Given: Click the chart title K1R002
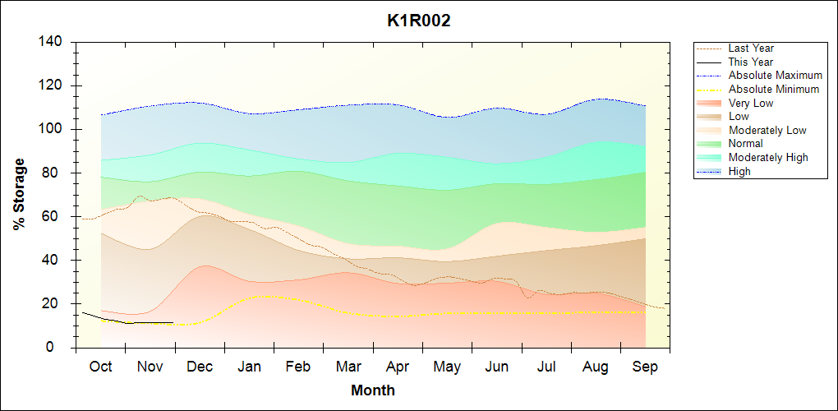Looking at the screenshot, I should [419, 21].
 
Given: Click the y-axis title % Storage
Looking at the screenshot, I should [20, 194].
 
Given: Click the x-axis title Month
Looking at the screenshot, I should [372, 390].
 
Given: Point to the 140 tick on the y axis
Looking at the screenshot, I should [54, 42].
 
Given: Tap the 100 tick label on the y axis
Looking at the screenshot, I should [54, 129].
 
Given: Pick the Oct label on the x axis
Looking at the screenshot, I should [100, 367].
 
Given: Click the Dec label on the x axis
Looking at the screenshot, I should [200, 367].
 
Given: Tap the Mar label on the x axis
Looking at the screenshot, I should [348, 367].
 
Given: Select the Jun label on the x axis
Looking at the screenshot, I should [497, 367].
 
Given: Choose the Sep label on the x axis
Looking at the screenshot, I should [646, 367].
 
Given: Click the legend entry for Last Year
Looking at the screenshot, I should [751, 48].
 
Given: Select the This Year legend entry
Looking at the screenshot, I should [750, 62].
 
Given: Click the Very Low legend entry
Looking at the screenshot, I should [750, 103].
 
